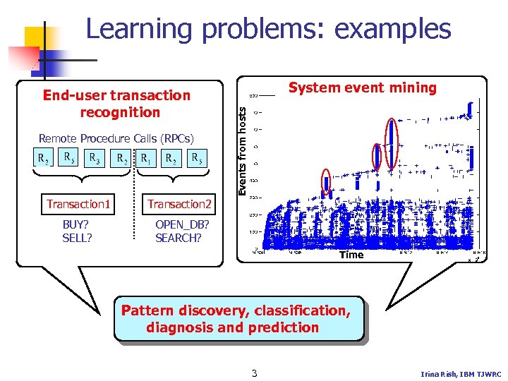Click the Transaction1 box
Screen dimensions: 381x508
click(78, 205)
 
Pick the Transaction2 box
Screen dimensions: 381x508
click(179, 205)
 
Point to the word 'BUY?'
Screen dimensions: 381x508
click(76, 224)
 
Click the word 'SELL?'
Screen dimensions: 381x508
click(77, 238)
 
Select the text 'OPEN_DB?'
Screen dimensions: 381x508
click(182, 224)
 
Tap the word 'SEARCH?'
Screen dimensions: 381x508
click(179, 238)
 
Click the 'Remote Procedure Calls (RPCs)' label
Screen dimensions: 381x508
click(116, 138)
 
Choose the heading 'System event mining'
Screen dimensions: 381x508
click(363, 88)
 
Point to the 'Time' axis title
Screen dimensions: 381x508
click(351, 255)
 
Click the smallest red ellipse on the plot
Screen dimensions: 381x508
click(326, 183)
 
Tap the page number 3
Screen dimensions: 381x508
click(254, 373)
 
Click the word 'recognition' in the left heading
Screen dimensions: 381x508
click(120, 112)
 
